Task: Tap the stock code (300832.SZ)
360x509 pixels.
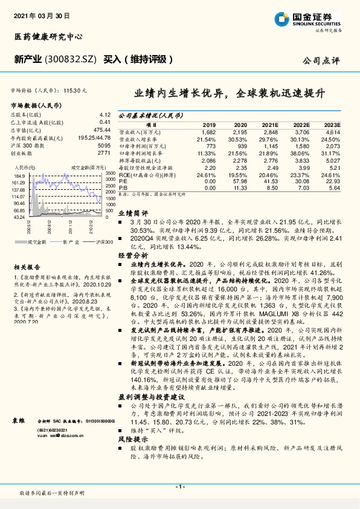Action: pyautogui.click(x=72, y=60)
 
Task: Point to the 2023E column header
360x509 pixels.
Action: pyautogui.click(x=332, y=125)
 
